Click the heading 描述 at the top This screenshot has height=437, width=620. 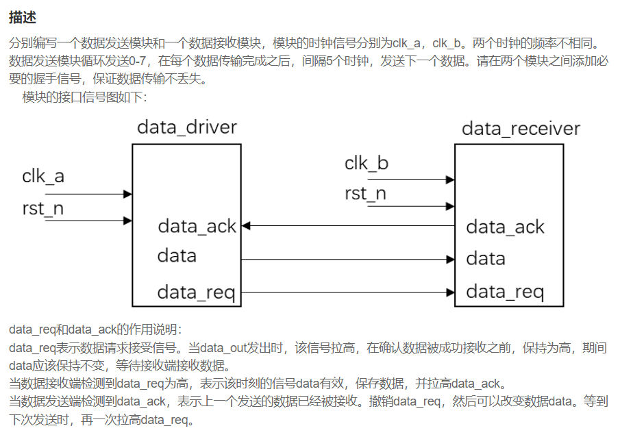pos(23,16)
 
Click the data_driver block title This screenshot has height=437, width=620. pos(186,127)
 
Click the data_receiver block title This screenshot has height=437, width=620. pos(521,129)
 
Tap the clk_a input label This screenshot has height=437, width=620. pos(43,176)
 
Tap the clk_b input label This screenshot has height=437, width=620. pos(367,163)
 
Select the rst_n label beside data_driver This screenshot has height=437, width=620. pos(43,208)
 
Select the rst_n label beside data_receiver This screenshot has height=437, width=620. pos(365,194)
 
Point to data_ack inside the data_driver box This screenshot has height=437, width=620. pos(197,226)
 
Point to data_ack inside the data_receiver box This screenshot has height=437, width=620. pos(505,227)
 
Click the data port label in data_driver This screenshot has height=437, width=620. pos(177,256)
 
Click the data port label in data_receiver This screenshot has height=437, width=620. pos(486,259)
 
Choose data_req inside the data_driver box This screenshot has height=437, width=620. pos(196,292)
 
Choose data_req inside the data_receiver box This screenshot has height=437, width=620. pos(505,292)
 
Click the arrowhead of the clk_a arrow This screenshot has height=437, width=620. pos(127,194)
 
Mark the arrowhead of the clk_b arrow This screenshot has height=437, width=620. pos(450,180)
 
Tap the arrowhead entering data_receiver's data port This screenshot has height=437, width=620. pos(450,260)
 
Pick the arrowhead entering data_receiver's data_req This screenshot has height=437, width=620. pos(450,292)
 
